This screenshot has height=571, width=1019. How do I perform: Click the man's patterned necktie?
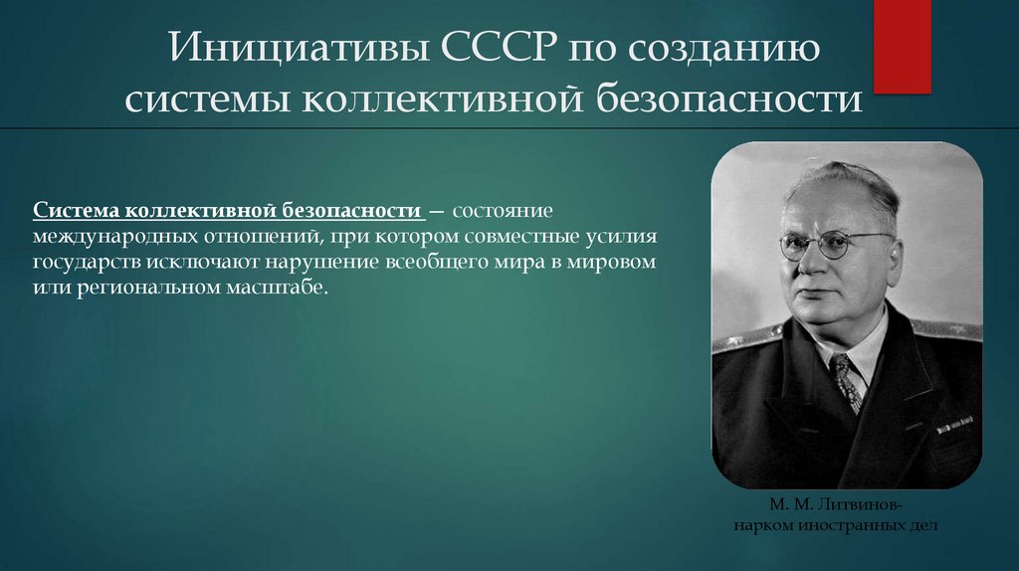847,383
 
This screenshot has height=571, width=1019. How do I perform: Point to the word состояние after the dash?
506,212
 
